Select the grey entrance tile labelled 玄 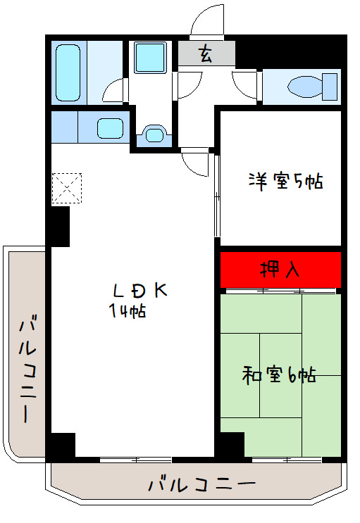click(x=205, y=54)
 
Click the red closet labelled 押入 click(x=280, y=269)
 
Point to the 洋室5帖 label click(x=285, y=181)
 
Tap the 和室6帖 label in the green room click(x=280, y=375)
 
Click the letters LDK click(x=140, y=291)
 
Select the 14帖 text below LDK click(x=127, y=312)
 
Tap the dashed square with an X click(x=67, y=187)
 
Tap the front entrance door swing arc click(x=207, y=21)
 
